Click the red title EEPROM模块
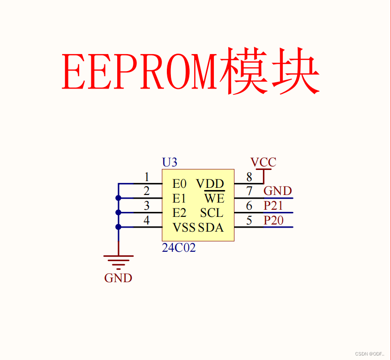[x=191, y=72]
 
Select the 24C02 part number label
[x=179, y=248]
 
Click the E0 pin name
[x=179, y=184]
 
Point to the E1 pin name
[x=179, y=198]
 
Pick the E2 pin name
[x=179, y=213]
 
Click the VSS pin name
[x=184, y=228]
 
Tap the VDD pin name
[x=210, y=184]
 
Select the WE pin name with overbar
[x=214, y=198]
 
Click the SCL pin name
[x=212, y=213]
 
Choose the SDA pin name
[x=211, y=228]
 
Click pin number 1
[x=147, y=177]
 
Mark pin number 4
[x=147, y=220]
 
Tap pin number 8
[x=249, y=177]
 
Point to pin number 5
[x=249, y=220]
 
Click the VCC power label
[x=263, y=162]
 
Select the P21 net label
[x=273, y=206]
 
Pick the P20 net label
[x=273, y=220]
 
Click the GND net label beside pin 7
[x=277, y=191]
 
